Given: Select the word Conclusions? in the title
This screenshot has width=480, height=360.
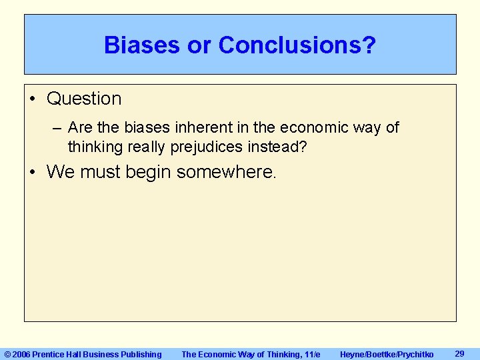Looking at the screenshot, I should (297, 45).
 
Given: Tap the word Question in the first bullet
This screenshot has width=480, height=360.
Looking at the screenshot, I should (84, 99).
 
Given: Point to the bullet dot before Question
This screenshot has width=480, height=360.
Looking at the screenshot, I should (33, 99).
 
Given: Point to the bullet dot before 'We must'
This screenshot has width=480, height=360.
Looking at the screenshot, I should (33, 173).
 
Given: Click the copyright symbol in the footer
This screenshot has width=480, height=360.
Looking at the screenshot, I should (7, 354).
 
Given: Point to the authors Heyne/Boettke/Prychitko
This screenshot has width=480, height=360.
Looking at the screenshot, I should (386, 354).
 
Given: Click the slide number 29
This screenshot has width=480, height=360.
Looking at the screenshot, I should (459, 353).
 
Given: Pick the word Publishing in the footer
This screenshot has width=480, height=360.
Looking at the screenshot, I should (141, 354).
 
